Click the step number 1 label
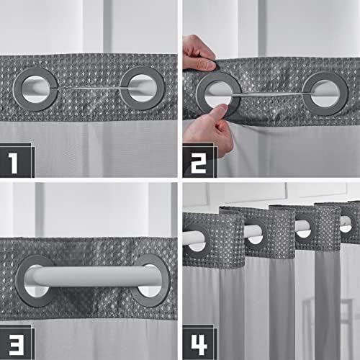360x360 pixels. (x=13, y=163)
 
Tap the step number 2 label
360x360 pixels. (x=199, y=163)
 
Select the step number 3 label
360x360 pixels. (x=17, y=345)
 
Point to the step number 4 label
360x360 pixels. (x=199, y=345)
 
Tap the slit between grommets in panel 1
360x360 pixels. (x=89, y=89)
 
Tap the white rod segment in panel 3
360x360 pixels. (x=93, y=276)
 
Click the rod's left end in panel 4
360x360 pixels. (x=184, y=238)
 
